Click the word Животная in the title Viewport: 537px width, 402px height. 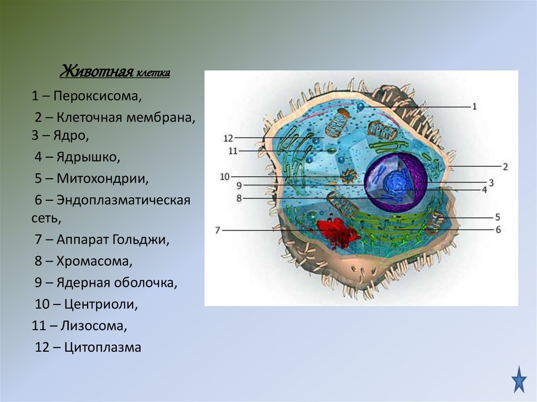(95, 71)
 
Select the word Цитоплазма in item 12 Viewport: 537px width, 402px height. (102, 347)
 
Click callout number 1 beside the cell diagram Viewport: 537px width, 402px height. (475, 106)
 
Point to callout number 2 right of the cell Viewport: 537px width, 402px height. (505, 167)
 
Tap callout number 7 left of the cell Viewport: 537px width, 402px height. (218, 230)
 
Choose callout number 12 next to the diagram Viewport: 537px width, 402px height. (228, 138)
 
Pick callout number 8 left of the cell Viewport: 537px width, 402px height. (239, 199)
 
